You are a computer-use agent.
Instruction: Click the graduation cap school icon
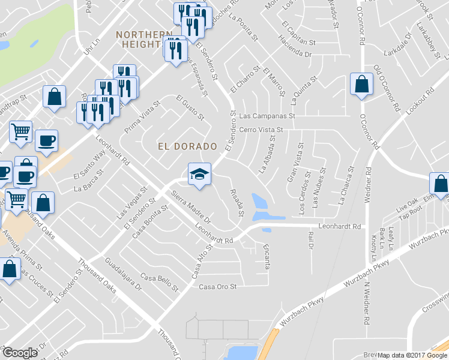(x=200, y=174)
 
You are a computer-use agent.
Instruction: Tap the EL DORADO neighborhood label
(x=187, y=146)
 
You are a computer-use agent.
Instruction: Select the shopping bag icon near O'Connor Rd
(x=362, y=85)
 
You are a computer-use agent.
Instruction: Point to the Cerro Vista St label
(x=261, y=129)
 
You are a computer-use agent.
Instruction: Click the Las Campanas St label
(x=268, y=115)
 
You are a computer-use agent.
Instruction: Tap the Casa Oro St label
(x=218, y=287)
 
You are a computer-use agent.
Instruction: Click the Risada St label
(x=237, y=203)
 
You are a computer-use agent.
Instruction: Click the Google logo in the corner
(x=20, y=353)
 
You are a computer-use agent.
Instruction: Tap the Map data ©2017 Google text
(x=412, y=355)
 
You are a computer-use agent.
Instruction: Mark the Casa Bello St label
(x=160, y=281)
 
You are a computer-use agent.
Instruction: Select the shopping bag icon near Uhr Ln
(x=54, y=97)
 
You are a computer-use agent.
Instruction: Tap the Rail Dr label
(x=311, y=241)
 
